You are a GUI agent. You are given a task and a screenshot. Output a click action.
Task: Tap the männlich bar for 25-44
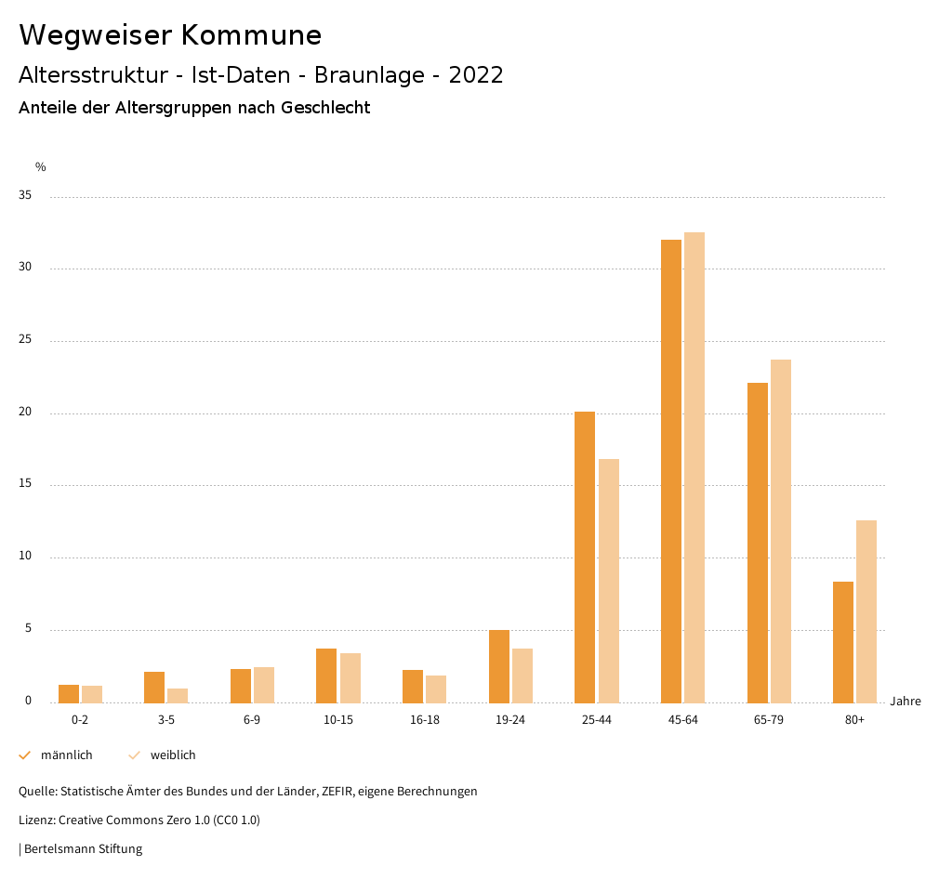pyautogui.click(x=585, y=557)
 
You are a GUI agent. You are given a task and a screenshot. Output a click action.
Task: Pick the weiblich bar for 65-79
pyautogui.click(x=781, y=531)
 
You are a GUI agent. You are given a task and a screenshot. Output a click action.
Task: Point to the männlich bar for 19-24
pyautogui.click(x=499, y=666)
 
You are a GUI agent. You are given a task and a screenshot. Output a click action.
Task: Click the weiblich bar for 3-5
pyautogui.click(x=178, y=695)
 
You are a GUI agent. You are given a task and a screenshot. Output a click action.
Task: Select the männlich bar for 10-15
pyautogui.click(x=326, y=676)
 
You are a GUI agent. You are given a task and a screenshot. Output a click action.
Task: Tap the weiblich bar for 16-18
pyautogui.click(x=436, y=689)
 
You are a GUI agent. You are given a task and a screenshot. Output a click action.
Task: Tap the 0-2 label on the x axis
pyautogui.click(x=80, y=720)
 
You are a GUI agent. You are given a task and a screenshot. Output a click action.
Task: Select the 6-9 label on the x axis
pyautogui.click(x=252, y=720)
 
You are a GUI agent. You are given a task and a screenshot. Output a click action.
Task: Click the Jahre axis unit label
pyautogui.click(x=906, y=702)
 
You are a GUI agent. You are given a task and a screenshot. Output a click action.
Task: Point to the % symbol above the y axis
pyautogui.click(x=41, y=167)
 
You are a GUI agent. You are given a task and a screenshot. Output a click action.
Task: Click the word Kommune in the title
pyautogui.click(x=251, y=35)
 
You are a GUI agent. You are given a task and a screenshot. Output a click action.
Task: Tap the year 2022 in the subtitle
pyautogui.click(x=476, y=75)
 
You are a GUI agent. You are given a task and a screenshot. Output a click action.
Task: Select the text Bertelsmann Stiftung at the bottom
pyautogui.click(x=83, y=848)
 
